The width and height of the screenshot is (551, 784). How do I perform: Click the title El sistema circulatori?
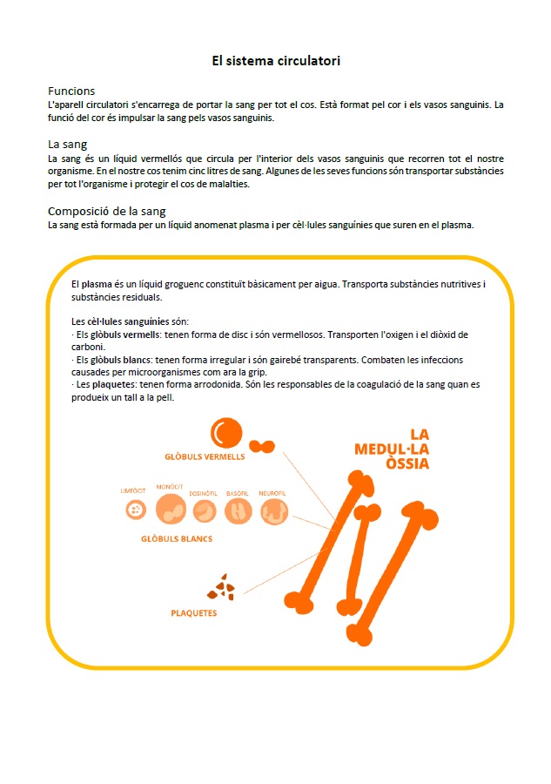pos(276,61)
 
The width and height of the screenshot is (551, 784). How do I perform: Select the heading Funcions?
pos(71,91)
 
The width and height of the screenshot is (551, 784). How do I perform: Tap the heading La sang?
pos(67,144)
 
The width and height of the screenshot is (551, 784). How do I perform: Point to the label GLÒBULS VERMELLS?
pos(205,456)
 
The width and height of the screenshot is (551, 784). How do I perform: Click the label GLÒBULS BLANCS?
pos(177,538)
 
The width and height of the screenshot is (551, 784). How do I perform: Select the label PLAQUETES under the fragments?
pos(193,612)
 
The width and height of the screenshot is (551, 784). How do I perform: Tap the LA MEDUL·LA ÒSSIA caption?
pos(393,449)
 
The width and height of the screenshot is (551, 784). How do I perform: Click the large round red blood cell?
pos(225,433)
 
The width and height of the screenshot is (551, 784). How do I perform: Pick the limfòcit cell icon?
pos(133,510)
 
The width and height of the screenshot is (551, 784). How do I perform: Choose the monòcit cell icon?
pos(171,510)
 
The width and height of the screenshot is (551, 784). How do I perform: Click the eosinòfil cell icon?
pos(205,511)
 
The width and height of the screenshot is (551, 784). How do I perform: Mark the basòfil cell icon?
pos(239,511)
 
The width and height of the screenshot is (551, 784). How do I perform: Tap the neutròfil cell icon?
pos(273,511)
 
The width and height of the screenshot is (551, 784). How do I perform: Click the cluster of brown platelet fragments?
pos(222,589)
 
